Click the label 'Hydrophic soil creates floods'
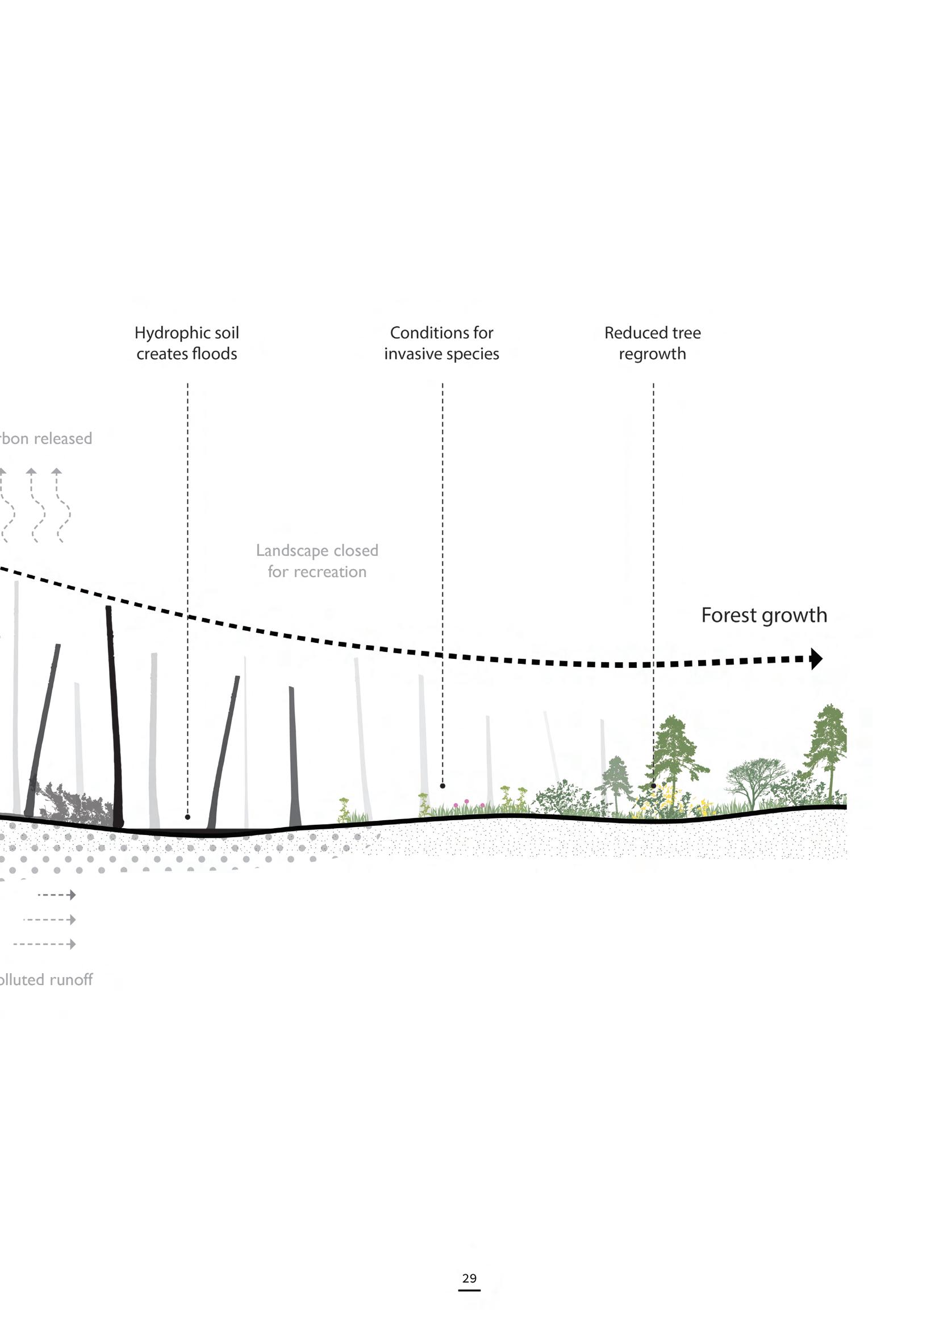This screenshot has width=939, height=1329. click(186, 343)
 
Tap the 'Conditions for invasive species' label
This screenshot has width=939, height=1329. click(441, 343)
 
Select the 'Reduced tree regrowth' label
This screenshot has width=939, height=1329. click(652, 343)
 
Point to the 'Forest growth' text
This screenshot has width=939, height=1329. click(763, 614)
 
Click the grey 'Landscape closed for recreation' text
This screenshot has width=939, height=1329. click(317, 561)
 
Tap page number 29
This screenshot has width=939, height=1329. click(469, 1278)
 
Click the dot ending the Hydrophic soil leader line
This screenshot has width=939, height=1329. click(187, 817)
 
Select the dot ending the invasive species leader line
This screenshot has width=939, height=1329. click(443, 786)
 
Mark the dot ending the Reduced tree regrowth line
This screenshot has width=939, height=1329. click(654, 786)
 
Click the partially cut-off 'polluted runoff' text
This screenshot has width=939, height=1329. click(46, 979)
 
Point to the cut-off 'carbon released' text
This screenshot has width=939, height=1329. click(46, 439)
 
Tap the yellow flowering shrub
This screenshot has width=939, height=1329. click(665, 801)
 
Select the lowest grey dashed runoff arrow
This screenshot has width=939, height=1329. click(45, 944)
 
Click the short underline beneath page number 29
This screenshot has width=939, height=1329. click(469, 1290)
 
